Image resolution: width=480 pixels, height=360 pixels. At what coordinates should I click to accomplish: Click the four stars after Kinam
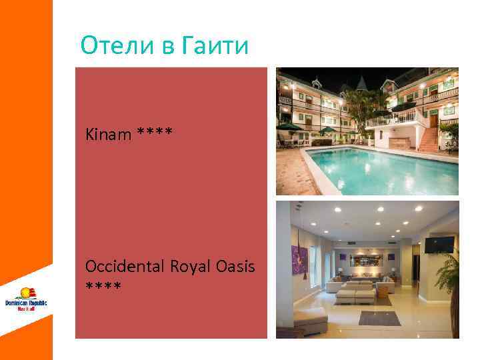click(x=155, y=133)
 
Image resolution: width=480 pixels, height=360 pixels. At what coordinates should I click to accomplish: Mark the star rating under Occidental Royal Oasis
click(x=103, y=287)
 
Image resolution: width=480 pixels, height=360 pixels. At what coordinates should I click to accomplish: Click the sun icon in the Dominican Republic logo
click(x=27, y=292)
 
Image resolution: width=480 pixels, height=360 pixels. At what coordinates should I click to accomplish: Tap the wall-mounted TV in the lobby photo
click(x=439, y=244)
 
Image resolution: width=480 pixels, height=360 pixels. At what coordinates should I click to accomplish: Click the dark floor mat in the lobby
click(x=379, y=318)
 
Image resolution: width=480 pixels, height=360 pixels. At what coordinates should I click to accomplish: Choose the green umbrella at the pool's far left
click(x=291, y=126)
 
